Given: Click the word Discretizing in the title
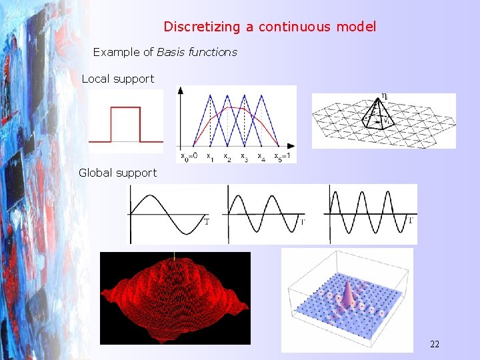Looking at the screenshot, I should pyautogui.click(x=198, y=27).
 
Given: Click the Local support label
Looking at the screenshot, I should pyautogui.click(x=117, y=79).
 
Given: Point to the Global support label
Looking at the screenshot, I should pyautogui.click(x=117, y=173).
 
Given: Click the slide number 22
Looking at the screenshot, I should pyautogui.click(x=435, y=344).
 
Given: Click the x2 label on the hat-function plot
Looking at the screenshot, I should pyautogui.click(x=227, y=158).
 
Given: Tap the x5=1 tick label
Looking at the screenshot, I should pyautogui.click(x=284, y=158).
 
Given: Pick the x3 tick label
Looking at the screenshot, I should pyautogui.click(x=244, y=158).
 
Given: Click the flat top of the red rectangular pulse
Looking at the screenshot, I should pyautogui.click(x=125, y=108).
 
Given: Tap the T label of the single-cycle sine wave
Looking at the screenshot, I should pyautogui.click(x=206, y=221).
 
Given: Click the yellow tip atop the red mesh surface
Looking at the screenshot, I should pyautogui.click(x=175, y=255).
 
